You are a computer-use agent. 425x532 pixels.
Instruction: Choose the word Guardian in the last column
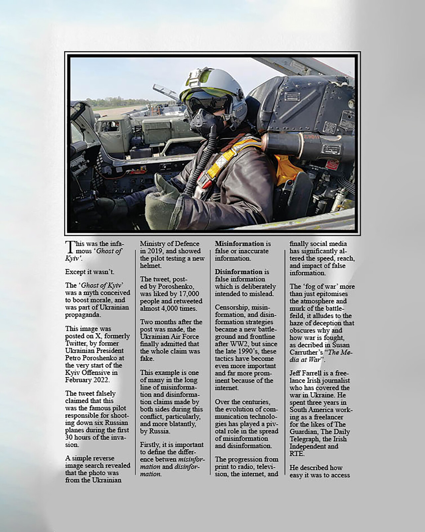[303, 431]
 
